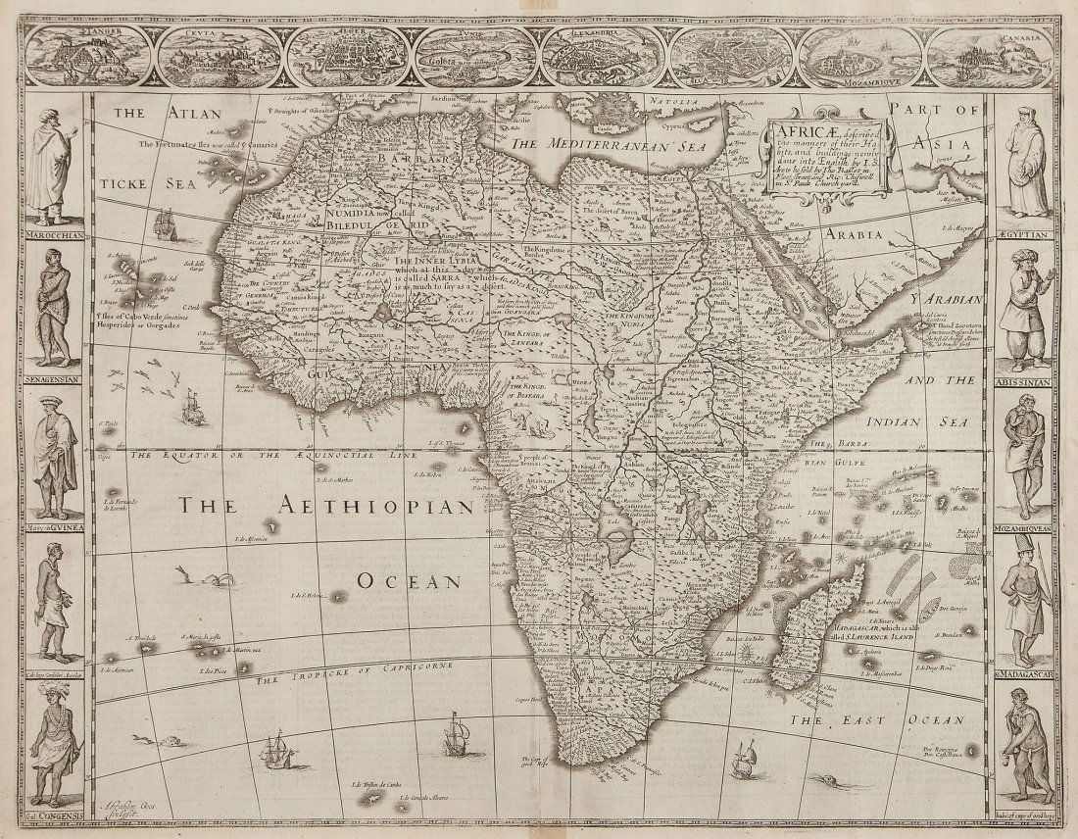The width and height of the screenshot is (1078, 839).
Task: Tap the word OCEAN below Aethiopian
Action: click(x=409, y=580)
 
